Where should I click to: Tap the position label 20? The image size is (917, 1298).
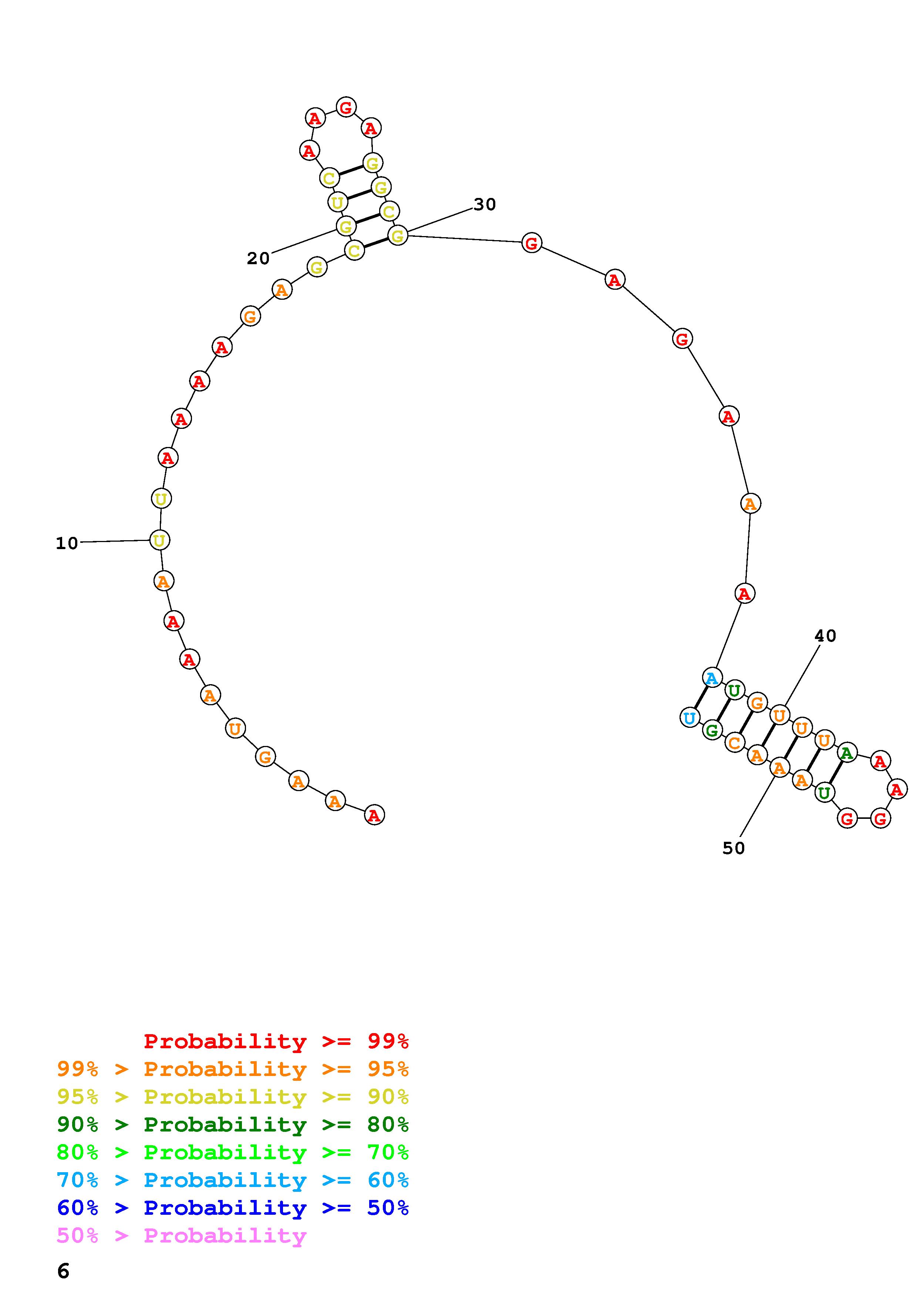pyautogui.click(x=258, y=258)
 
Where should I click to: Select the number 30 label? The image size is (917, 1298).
pyautogui.click(x=485, y=205)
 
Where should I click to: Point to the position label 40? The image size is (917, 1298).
pyautogui.click(x=825, y=636)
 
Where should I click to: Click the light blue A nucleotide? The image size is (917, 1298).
pyautogui.click(x=712, y=677)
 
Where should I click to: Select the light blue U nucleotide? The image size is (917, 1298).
pyautogui.click(x=689, y=718)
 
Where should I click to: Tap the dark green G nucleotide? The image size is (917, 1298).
pyautogui.click(x=712, y=730)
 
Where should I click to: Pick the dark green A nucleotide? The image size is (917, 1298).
pyautogui.click(x=846, y=753)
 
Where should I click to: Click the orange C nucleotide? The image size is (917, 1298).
pyautogui.click(x=734, y=742)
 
